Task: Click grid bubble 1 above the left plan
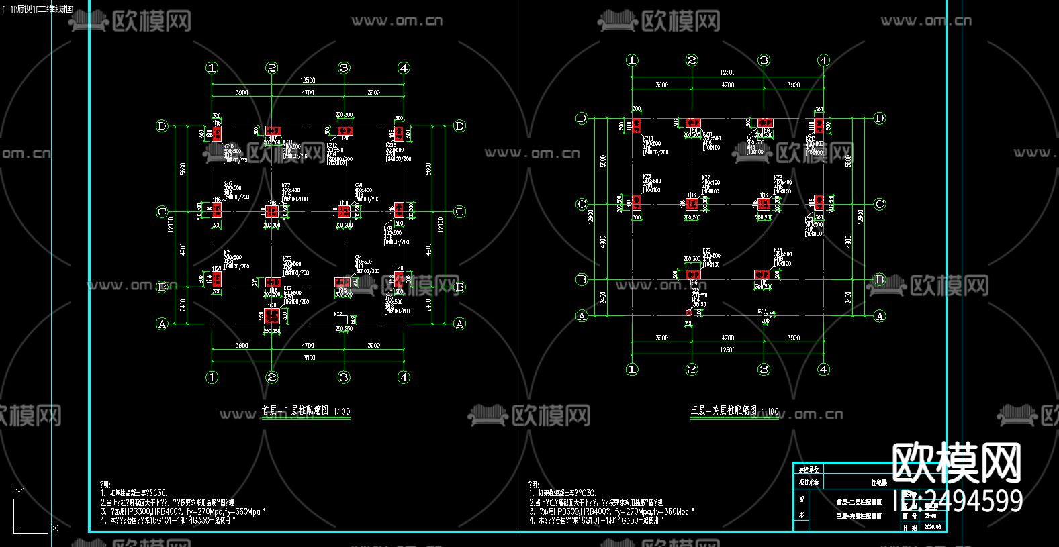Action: coord(212,68)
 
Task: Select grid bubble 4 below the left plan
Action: coord(404,377)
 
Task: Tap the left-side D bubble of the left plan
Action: coord(162,126)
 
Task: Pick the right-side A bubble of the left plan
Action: coord(459,324)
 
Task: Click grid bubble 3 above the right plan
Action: coord(764,60)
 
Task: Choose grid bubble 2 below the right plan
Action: coord(692,369)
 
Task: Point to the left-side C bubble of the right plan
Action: coord(582,204)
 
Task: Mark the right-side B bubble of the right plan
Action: coord(880,279)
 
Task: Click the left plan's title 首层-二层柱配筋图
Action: coord(295,410)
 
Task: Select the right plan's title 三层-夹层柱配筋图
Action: coord(724,410)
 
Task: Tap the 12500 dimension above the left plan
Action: coord(308,81)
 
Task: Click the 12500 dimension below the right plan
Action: coord(728,350)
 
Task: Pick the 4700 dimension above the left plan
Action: coord(308,93)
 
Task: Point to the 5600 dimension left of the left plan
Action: coord(183,169)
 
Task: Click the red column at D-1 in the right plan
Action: coord(637,126)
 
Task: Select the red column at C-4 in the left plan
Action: coord(400,210)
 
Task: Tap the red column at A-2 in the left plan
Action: coord(271,315)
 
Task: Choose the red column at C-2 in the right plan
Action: coord(692,204)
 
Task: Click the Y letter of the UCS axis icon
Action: coord(19,493)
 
